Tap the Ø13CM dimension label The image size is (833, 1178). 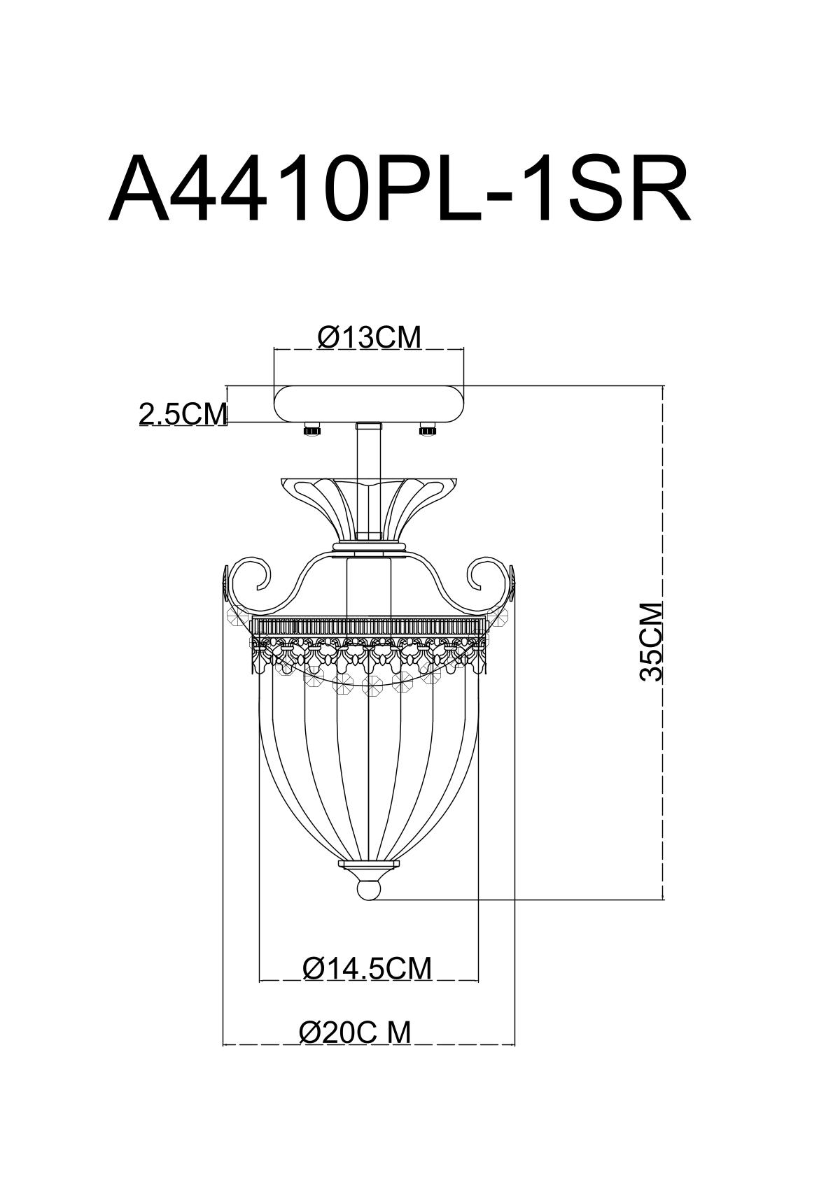(x=370, y=338)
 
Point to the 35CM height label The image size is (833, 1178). (x=651, y=641)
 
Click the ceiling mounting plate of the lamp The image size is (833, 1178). (x=370, y=404)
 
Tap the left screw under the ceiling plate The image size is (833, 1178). (x=312, y=430)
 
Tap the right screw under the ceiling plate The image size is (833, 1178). (x=428, y=430)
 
